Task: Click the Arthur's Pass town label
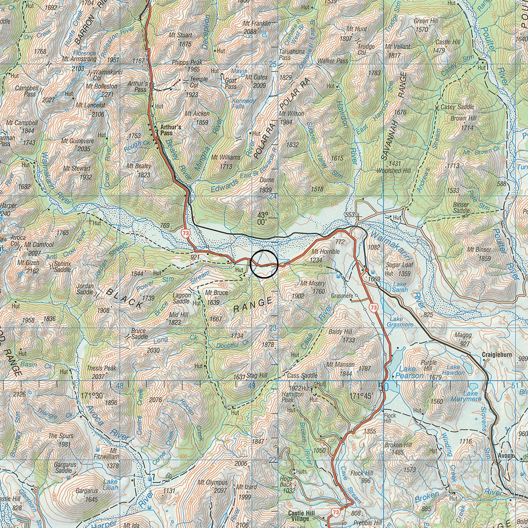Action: click(170, 130)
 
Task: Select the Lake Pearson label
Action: click(410, 372)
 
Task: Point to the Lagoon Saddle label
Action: click(182, 298)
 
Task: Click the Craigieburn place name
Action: click(497, 355)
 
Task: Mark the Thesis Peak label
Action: click(101, 368)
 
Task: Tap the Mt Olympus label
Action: click(213, 482)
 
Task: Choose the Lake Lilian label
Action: click(110, 485)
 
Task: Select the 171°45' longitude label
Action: click(361, 396)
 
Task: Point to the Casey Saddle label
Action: click(457, 107)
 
